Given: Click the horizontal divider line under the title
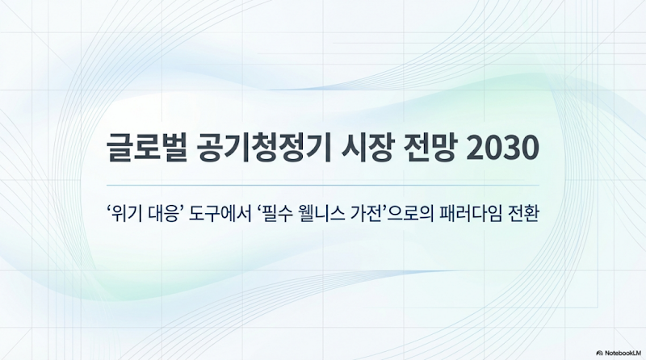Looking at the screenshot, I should tap(323, 185).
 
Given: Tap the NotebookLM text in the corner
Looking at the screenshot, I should tap(622, 353).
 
